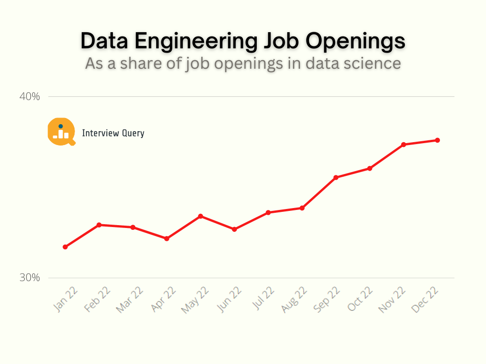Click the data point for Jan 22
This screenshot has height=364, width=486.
tap(65, 247)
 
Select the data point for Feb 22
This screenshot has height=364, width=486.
tap(99, 225)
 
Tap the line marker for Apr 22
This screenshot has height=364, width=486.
tap(167, 238)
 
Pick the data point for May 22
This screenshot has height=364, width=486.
tap(200, 216)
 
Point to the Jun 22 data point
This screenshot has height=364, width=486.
tap(234, 229)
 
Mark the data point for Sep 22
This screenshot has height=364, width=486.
tap(336, 177)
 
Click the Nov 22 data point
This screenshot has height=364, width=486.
tap(403, 145)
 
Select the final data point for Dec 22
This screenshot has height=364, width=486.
tap(437, 140)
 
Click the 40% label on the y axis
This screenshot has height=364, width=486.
tap(29, 97)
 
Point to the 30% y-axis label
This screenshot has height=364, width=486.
tap(29, 278)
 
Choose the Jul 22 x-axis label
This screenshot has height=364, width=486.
tap(263, 298)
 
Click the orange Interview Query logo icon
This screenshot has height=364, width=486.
tap(61, 131)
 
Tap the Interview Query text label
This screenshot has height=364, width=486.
tap(113, 133)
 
